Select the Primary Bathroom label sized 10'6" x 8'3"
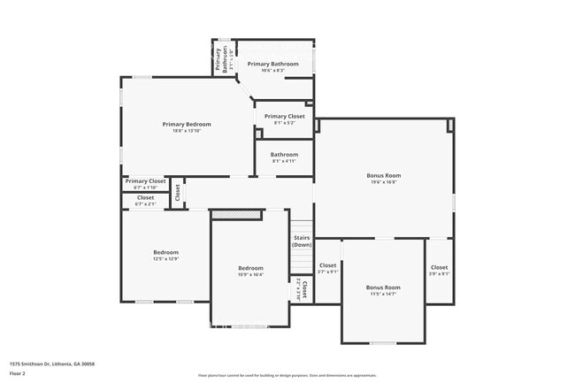(x=272, y=64)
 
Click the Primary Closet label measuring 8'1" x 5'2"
(x=284, y=116)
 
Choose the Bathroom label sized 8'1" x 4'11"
(x=284, y=155)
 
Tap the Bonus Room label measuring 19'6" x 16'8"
(x=383, y=175)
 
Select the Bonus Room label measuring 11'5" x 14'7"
(x=383, y=287)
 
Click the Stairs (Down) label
(x=302, y=241)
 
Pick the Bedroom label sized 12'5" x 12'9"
(x=165, y=252)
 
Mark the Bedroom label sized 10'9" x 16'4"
(x=250, y=268)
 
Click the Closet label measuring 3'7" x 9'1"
(x=327, y=265)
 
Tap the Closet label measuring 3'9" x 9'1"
(x=439, y=267)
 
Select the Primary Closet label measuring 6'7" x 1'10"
(x=145, y=181)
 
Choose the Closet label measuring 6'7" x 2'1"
(x=145, y=197)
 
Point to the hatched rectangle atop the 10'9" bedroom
(x=237, y=214)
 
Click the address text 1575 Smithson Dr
(x=52, y=364)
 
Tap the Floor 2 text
(x=19, y=373)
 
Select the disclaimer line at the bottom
(x=287, y=375)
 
